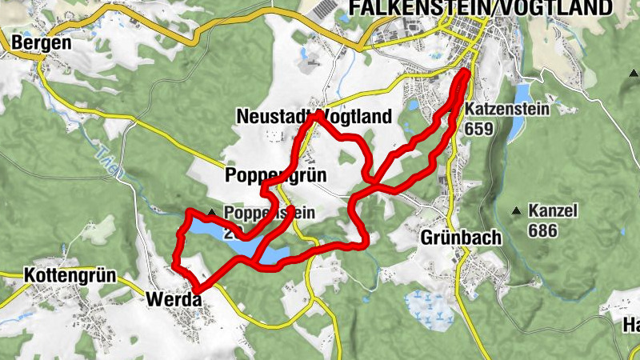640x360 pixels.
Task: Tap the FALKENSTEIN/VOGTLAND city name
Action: pyautogui.click(x=480, y=8)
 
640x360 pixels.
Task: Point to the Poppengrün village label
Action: pyautogui.click(x=277, y=175)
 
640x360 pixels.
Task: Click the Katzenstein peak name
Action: pyautogui.click(x=507, y=109)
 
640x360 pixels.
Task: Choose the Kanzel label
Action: pyautogui.click(x=553, y=212)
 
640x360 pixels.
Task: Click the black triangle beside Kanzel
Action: pyautogui.click(x=517, y=212)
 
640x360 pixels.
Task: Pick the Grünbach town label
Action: pyautogui.click(x=460, y=238)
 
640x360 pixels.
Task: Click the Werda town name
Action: pyautogui.click(x=171, y=299)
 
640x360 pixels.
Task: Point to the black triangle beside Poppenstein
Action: pyautogui.click(x=211, y=213)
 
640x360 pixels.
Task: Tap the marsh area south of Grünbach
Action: pyautogui.click(x=428, y=308)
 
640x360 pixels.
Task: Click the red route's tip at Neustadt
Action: pyautogui.click(x=318, y=115)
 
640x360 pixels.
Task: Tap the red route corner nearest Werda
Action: pyautogui.click(x=194, y=286)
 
